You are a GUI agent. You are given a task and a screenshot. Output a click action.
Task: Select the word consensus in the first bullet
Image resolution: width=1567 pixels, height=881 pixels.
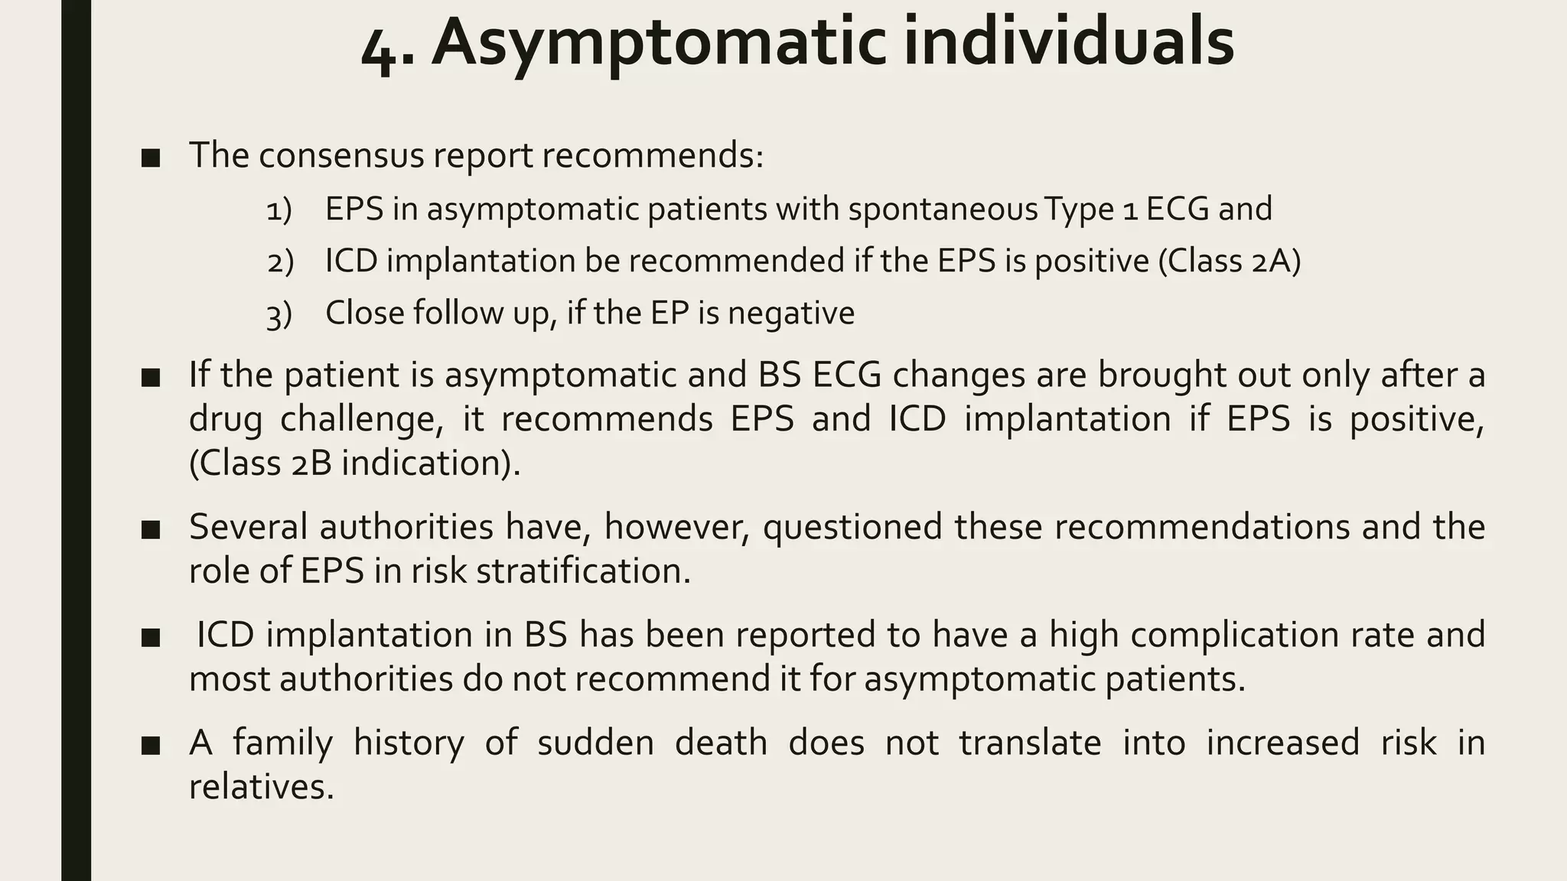click(x=340, y=155)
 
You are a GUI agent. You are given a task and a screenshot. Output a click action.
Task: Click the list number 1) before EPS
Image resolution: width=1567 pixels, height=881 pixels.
click(x=279, y=210)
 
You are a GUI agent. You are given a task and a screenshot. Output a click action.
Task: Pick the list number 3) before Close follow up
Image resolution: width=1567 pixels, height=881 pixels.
click(x=279, y=314)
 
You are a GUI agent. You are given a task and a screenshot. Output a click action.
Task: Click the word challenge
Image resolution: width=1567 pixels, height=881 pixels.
click(x=361, y=419)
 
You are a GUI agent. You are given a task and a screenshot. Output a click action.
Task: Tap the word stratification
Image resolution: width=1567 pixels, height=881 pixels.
click(x=583, y=571)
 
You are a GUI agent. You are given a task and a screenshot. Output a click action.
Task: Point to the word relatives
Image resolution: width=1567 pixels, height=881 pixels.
click(x=261, y=787)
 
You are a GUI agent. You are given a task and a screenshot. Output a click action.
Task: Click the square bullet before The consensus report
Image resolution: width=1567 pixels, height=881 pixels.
click(x=151, y=158)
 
